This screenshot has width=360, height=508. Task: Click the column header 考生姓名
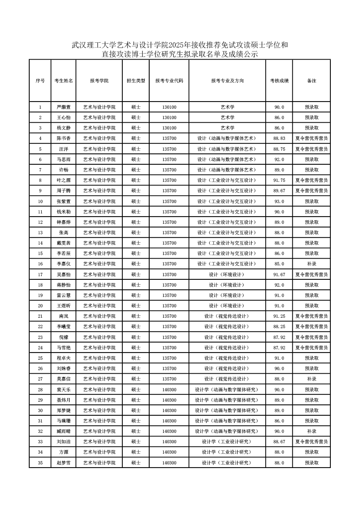(64, 81)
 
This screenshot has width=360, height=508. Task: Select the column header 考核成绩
(279, 81)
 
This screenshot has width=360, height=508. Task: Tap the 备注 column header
(312, 81)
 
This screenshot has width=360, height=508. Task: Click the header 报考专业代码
(169, 81)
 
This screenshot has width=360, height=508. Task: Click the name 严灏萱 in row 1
(64, 107)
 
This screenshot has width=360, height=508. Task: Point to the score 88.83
(279, 138)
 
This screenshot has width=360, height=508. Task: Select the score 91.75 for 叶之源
(279, 180)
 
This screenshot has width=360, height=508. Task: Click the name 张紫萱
(64, 201)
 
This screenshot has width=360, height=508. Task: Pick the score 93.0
(279, 201)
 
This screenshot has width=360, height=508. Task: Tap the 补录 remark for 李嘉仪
(312, 264)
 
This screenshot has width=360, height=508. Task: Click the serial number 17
(40, 274)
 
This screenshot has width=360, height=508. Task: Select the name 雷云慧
(64, 295)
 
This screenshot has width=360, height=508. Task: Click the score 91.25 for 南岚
(279, 316)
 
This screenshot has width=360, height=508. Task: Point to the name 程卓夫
(64, 358)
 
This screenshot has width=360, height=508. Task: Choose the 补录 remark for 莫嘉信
(312, 379)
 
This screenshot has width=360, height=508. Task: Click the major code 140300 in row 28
(169, 390)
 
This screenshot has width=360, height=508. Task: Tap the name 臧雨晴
(64, 431)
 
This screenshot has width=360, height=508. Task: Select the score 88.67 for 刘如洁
(279, 442)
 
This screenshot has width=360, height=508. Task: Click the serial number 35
(40, 463)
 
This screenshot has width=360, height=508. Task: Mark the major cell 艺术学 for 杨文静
(227, 128)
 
